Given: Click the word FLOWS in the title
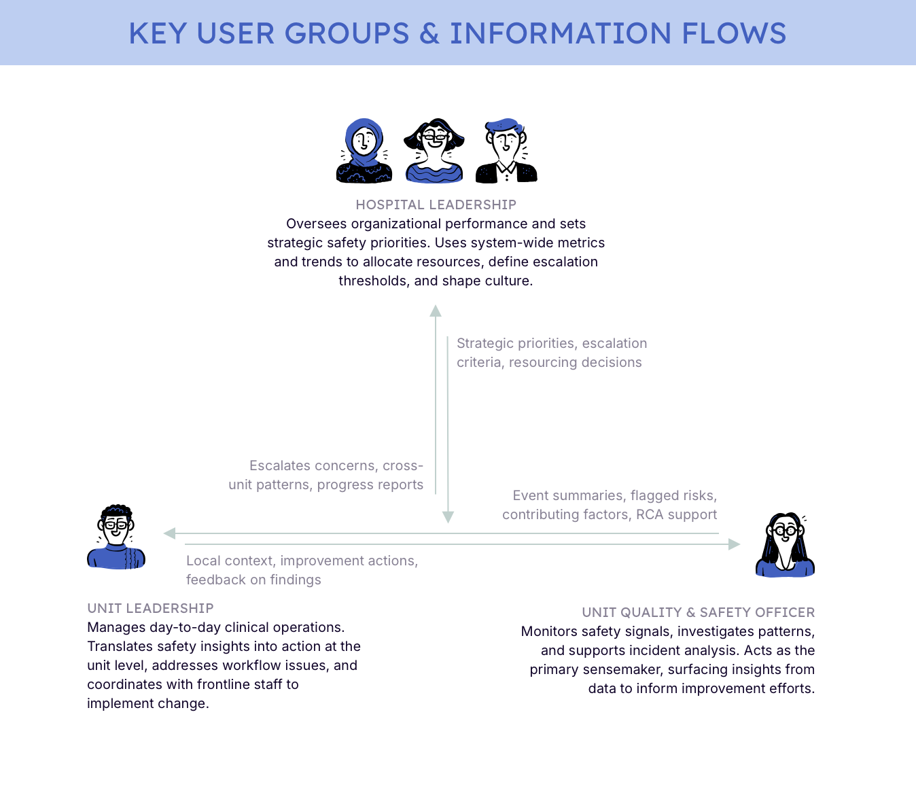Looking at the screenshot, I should [x=734, y=33].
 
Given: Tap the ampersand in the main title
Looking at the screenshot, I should [x=429, y=33].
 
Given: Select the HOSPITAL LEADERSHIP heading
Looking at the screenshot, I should [x=436, y=205].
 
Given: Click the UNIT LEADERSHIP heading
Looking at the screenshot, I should [x=150, y=608].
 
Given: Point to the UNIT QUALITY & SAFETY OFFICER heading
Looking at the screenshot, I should [x=698, y=612].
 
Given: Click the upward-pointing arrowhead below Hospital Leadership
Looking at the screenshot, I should [x=436, y=311].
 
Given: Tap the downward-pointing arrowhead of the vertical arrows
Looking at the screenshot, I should [x=448, y=517].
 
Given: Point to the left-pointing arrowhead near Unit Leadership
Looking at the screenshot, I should [x=170, y=533].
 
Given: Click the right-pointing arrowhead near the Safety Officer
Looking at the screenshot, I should [x=734, y=544].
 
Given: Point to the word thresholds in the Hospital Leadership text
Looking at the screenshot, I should [x=372, y=281].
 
